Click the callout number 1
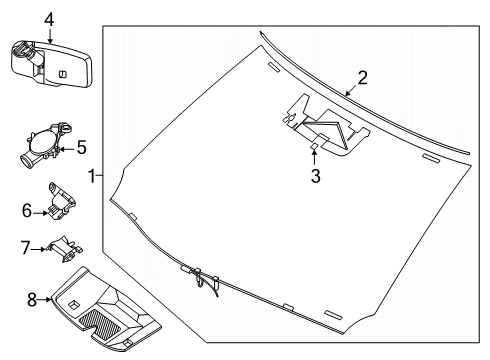pyautogui.click(x=92, y=176)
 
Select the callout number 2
pyautogui.click(x=363, y=76)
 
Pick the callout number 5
pyautogui.click(x=83, y=147)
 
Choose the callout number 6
pyautogui.click(x=26, y=210)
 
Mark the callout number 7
pyautogui.click(x=26, y=246)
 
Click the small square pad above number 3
pyautogui.click(x=313, y=148)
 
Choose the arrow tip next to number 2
pyautogui.click(x=347, y=93)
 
